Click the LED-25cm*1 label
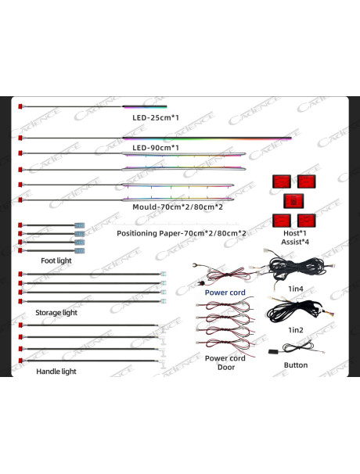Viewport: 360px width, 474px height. [156, 117]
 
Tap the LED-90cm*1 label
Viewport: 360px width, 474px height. [156, 148]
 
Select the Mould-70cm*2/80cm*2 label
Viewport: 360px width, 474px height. [178, 207]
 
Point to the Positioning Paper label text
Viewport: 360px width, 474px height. [182, 233]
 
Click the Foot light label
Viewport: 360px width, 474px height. [56, 260]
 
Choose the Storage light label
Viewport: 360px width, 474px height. [56, 313]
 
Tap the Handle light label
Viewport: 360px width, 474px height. [56, 372]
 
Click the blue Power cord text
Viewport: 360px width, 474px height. [225, 293]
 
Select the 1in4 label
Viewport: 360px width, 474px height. [296, 289]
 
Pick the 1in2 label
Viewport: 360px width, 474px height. [296, 330]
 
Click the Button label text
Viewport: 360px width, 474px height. [296, 365]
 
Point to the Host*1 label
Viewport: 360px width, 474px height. [295, 233]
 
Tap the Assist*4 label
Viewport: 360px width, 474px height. [295, 242]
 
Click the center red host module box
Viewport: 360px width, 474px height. [293, 201]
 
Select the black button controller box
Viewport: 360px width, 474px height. [275, 351]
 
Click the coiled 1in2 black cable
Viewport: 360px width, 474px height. [290, 311]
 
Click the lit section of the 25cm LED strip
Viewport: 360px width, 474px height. [145, 106]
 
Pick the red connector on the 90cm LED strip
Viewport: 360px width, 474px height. [20, 138]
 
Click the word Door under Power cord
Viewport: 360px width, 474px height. [226, 368]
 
